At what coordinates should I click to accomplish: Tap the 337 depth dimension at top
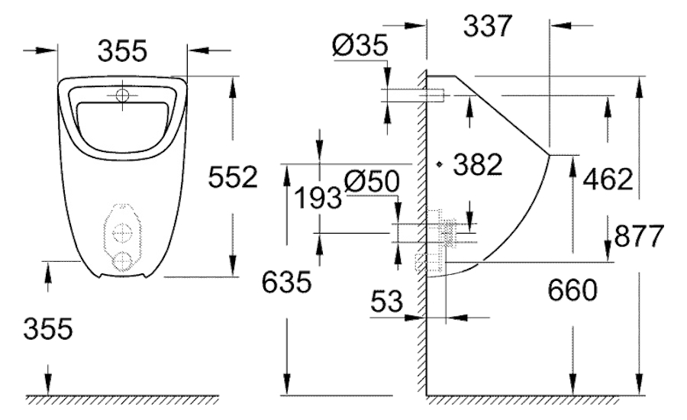point(488,25)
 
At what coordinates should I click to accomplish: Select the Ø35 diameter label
point(360,45)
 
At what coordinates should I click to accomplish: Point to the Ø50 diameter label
point(372,181)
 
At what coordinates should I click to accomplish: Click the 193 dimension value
point(318,197)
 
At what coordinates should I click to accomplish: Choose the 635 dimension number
point(286,281)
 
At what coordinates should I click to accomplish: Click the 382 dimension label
point(478,164)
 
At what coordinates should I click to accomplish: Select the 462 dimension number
point(608,179)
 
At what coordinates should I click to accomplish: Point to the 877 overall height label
point(639,236)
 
